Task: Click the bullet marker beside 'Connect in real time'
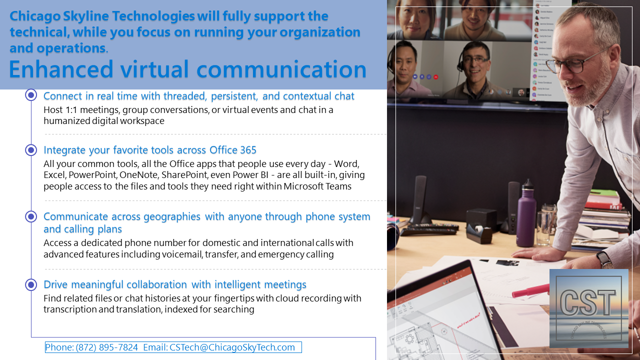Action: pyautogui.click(x=31, y=95)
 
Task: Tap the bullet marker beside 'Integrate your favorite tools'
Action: pyautogui.click(x=31, y=150)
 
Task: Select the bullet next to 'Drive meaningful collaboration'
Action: pyautogui.click(x=31, y=284)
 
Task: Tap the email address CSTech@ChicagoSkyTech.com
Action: pyautogui.click(x=232, y=347)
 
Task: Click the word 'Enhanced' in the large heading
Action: pyautogui.click(x=61, y=69)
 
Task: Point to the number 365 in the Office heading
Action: pyautogui.click(x=248, y=150)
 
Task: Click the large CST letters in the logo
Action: pyautogui.click(x=588, y=302)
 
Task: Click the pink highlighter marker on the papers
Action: pyautogui.click(x=530, y=291)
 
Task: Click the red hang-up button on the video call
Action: pyautogui.click(x=435, y=77)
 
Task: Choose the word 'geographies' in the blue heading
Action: pyautogui.click(x=171, y=217)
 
